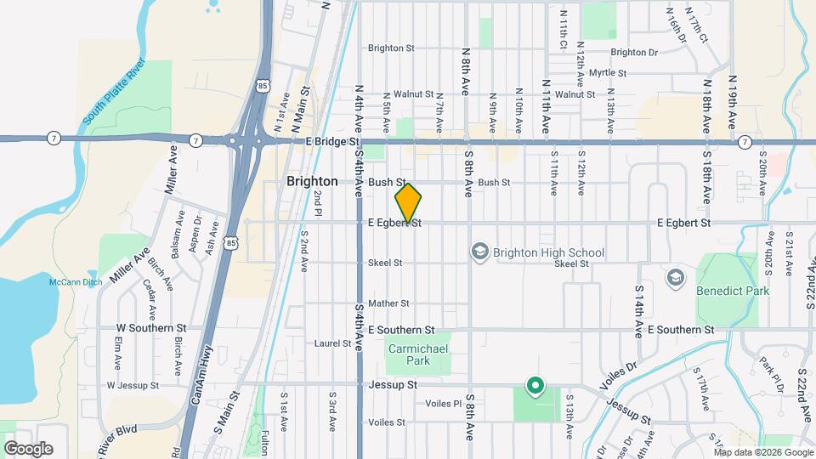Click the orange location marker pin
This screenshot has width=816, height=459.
pyautogui.click(x=409, y=203)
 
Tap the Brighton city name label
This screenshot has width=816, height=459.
pyautogui.click(x=312, y=181)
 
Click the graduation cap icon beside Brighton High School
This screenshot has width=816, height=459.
pyautogui.click(x=481, y=252)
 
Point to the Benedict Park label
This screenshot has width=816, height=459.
pyautogui.click(x=733, y=292)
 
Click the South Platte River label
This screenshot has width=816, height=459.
pyautogui.click(x=114, y=94)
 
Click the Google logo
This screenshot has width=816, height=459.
pyautogui.click(x=28, y=449)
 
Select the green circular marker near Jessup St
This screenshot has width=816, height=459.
pyautogui.click(x=535, y=387)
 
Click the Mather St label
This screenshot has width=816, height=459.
pyautogui.click(x=389, y=303)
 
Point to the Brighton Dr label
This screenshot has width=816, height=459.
pyautogui.click(x=634, y=53)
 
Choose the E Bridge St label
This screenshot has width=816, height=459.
pyautogui.click(x=331, y=141)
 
